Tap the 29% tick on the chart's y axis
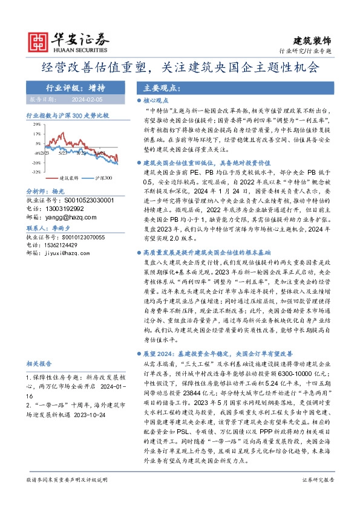[37, 123]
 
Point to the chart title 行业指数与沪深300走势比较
[67, 114]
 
